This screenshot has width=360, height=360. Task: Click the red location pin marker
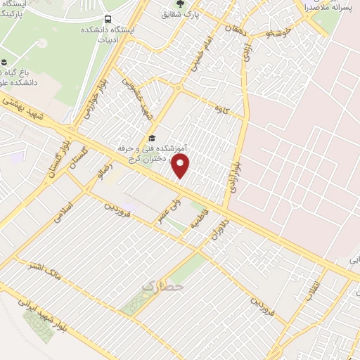coord(181,167)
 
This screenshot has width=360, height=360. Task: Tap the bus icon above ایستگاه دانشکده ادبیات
coord(107,20)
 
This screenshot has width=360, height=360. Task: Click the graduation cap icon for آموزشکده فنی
coord(151,138)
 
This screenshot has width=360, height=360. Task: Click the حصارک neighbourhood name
coord(163,287)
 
